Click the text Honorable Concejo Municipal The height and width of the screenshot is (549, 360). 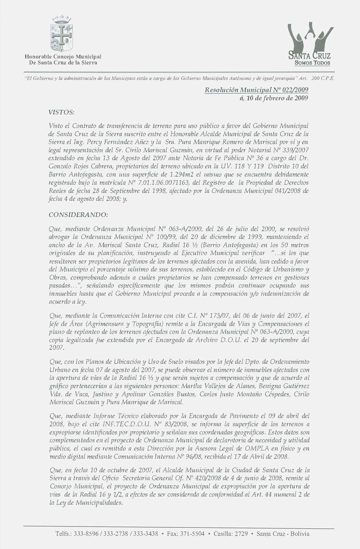63,56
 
